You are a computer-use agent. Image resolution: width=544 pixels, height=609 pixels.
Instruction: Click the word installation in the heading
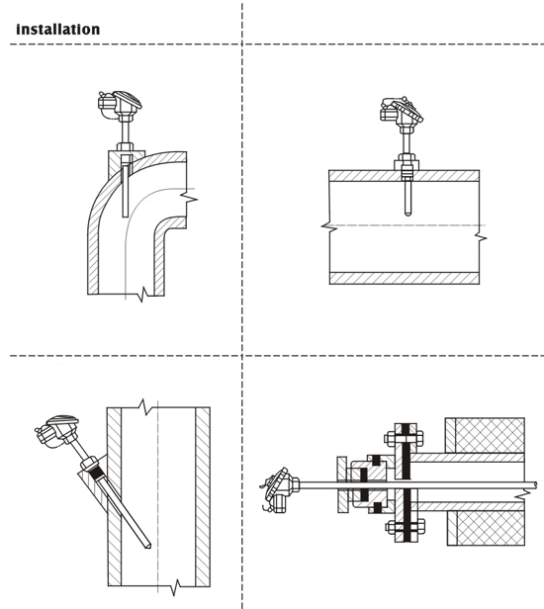pyautogui.click(x=58, y=30)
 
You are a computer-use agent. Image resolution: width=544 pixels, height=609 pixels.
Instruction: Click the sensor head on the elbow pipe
pyautogui.click(x=120, y=104)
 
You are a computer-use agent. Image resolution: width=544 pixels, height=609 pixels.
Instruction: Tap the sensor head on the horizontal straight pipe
pyautogui.click(x=402, y=113)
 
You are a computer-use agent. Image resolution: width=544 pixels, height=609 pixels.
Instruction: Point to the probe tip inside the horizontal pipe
pyautogui.click(x=407, y=213)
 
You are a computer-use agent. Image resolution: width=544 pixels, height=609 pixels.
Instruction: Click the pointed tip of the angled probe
pyautogui.click(x=148, y=547)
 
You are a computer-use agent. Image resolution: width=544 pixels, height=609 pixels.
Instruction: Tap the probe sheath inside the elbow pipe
pyautogui.click(x=125, y=186)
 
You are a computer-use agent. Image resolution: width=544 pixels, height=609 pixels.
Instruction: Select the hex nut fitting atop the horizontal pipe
pyautogui.click(x=407, y=161)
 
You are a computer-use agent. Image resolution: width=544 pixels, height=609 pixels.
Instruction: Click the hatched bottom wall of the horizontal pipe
pyautogui.click(x=405, y=278)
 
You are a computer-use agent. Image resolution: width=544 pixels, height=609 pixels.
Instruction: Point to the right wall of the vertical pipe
pyautogui.click(x=203, y=496)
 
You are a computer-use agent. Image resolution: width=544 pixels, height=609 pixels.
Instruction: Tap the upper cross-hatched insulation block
pyautogui.click(x=485, y=435)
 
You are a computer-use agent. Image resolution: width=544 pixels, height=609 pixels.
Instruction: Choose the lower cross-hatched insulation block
pyautogui.click(x=486, y=528)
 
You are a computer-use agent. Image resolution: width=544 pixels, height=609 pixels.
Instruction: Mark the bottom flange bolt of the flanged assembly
pyautogui.click(x=406, y=528)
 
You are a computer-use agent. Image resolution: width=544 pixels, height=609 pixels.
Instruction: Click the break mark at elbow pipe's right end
pyautogui.click(x=189, y=199)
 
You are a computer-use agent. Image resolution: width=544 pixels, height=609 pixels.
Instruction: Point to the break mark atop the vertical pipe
pyautogui.click(x=146, y=407)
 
